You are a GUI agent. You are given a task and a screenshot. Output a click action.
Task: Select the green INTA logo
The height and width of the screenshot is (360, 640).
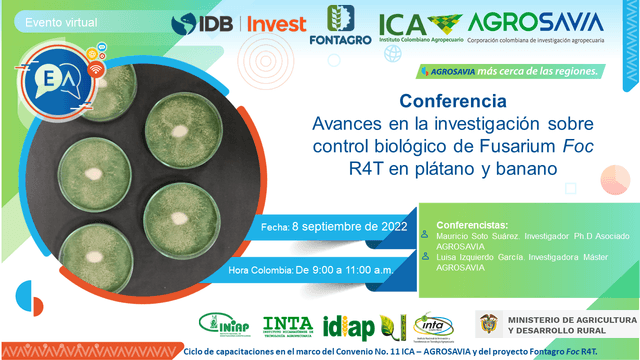(x=288, y=323)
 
